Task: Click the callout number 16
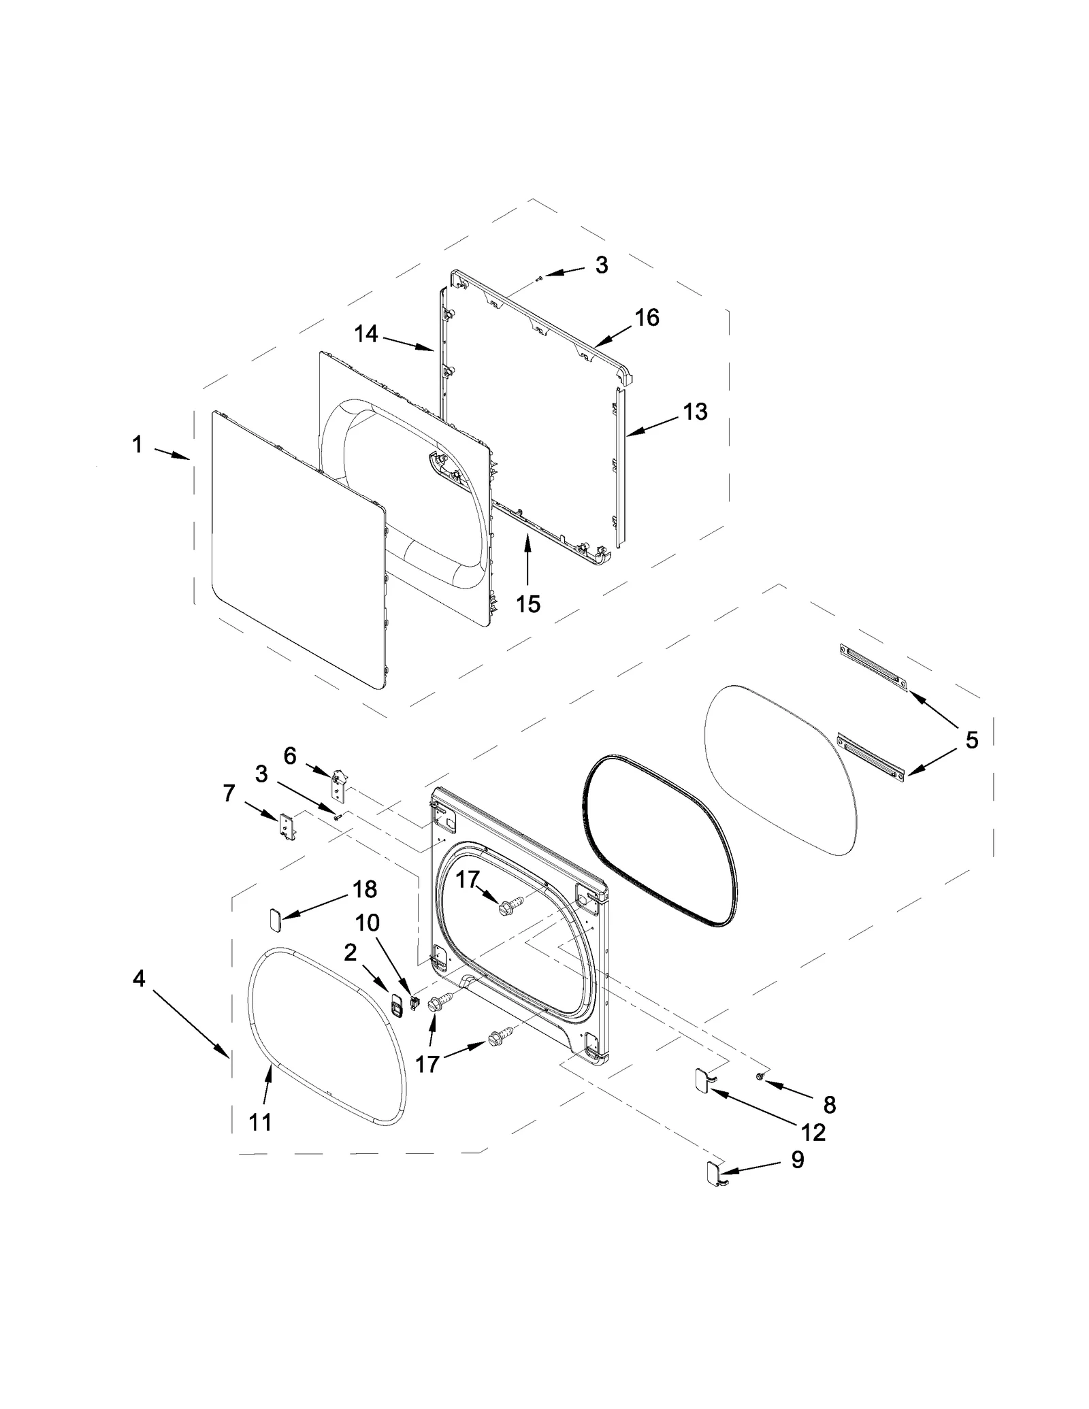pos(647,317)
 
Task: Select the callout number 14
pos(366,333)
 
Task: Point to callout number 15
pos(528,603)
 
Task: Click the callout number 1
pos(137,445)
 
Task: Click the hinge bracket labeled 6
pos(338,784)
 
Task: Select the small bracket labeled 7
pos(287,827)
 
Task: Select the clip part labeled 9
pos(713,1170)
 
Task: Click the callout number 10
pos(368,923)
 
